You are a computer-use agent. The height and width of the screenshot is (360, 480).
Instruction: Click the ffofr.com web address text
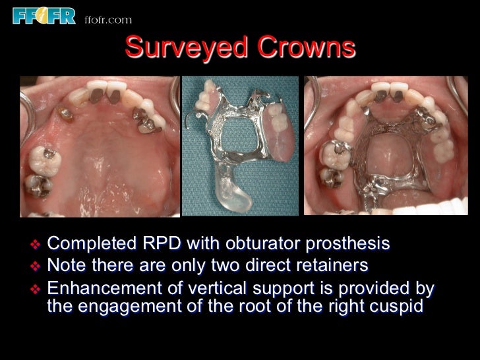point(108,20)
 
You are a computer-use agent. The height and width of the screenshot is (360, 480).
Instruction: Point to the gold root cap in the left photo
point(65,113)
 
